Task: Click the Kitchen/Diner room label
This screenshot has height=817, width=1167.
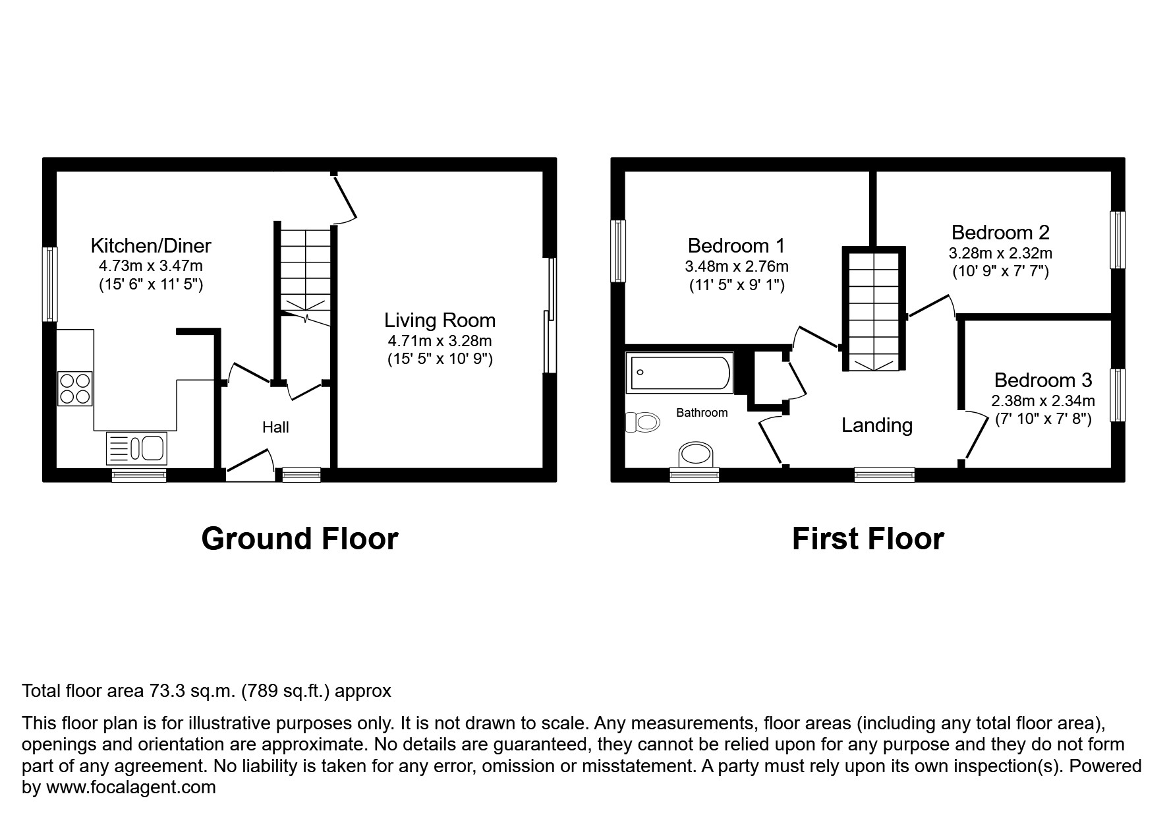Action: pyautogui.click(x=150, y=246)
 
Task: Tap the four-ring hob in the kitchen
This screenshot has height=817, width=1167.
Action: pyautogui.click(x=74, y=388)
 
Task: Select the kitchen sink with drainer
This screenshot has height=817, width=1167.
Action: pyautogui.click(x=137, y=448)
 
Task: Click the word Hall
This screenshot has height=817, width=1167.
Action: pyautogui.click(x=275, y=427)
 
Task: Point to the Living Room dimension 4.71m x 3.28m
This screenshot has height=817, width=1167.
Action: pyautogui.click(x=440, y=341)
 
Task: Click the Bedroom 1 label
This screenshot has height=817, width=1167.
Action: pyautogui.click(x=736, y=246)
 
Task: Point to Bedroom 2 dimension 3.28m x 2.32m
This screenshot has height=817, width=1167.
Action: pyautogui.click(x=1000, y=253)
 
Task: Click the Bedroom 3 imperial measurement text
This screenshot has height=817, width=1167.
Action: pyautogui.click(x=1042, y=419)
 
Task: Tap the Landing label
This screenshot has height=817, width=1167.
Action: pyautogui.click(x=876, y=425)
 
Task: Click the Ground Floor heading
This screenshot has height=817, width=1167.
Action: pyautogui.click(x=299, y=539)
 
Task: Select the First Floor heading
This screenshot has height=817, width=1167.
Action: pyautogui.click(x=867, y=539)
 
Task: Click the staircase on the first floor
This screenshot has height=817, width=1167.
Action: pyautogui.click(x=873, y=310)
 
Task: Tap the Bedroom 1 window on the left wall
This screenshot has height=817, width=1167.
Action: pyautogui.click(x=617, y=251)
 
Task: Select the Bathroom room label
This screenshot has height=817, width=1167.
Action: pyautogui.click(x=702, y=413)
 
